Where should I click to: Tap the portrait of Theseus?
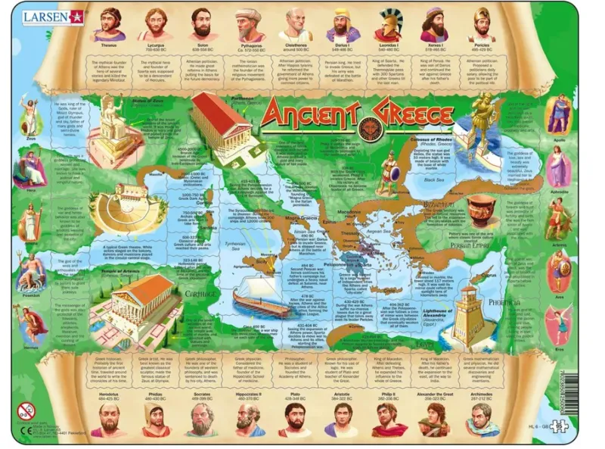111,24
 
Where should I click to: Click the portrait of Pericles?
482,24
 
